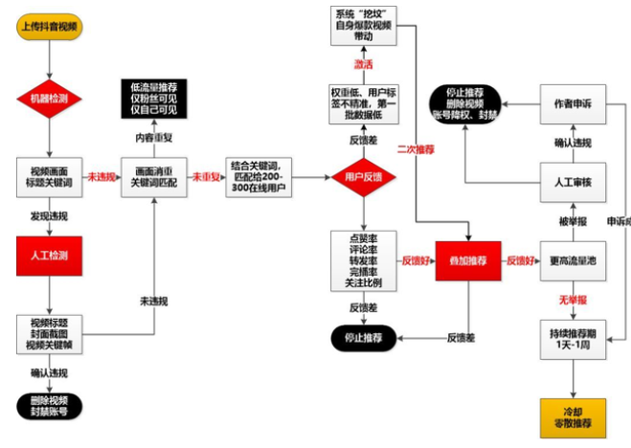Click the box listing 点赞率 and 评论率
tap(363, 259)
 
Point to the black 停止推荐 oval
tap(365, 337)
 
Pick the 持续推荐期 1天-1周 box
tap(573, 339)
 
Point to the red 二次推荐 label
tap(416, 149)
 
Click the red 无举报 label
tap(572, 300)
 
